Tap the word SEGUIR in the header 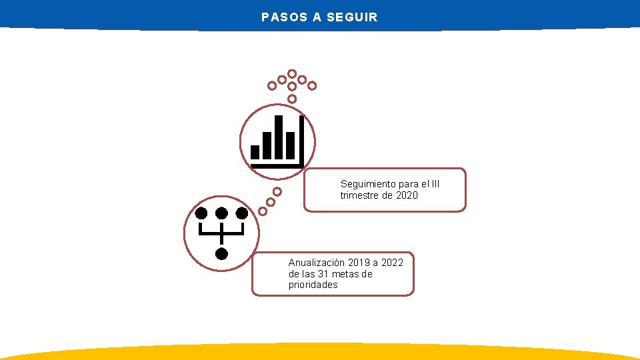click(x=352, y=17)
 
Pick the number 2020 click(x=407, y=195)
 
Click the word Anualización click(x=317, y=263)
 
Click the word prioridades click(x=313, y=285)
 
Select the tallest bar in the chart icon click(x=279, y=137)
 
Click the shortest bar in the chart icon click(x=255, y=152)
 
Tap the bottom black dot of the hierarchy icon click(x=221, y=253)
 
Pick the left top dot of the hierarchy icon click(x=201, y=213)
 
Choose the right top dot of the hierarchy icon click(x=242, y=213)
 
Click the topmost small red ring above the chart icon click(x=292, y=73)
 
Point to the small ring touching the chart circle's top click(x=292, y=99)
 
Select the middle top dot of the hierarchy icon click(x=221, y=213)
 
